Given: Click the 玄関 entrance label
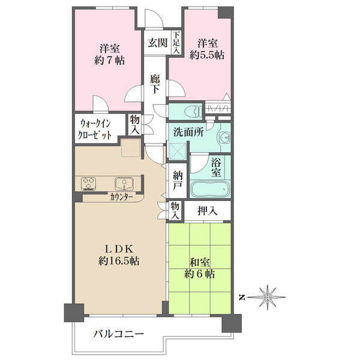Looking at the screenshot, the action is coord(157,43).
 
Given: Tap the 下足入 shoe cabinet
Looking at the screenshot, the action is coord(176,43).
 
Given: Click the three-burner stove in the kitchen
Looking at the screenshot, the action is coord(88,184).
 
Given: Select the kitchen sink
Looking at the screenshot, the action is coord(124,184).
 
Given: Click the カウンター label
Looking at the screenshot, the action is coord(121,197).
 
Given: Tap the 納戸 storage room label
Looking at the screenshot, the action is coord(178,181).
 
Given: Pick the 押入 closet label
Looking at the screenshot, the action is coord(208,211).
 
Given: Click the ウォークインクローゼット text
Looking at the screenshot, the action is coord(95,130).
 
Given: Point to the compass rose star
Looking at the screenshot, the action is coord(267,298).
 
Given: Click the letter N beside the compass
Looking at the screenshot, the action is coord(241,298).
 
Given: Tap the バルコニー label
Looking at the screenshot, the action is coord(118,334).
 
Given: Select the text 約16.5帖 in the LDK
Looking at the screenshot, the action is coord(119,261).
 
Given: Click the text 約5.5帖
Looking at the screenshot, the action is coord(207,55).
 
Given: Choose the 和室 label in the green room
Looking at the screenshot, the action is coord(199,262).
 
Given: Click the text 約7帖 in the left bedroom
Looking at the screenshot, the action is coord(110,61).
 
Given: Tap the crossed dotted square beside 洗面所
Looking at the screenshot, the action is coord(177,151).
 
